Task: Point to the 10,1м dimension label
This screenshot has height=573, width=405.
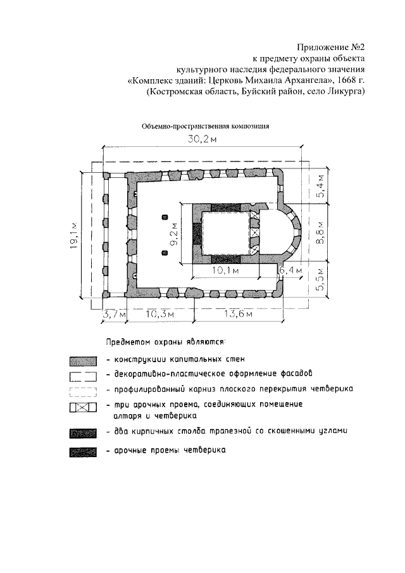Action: [225, 271]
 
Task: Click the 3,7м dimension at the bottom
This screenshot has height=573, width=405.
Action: [115, 313]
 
